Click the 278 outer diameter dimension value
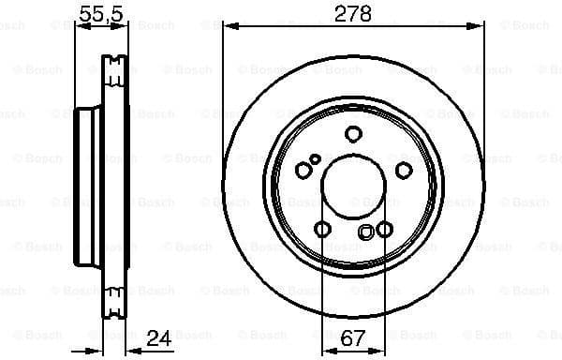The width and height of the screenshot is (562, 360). click(x=355, y=14)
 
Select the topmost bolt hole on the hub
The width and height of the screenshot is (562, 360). click(x=353, y=133)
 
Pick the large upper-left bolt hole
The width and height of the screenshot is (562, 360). click(x=304, y=170)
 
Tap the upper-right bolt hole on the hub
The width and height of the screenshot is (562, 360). click(x=404, y=170)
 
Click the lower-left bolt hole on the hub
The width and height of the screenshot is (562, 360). click(x=323, y=229)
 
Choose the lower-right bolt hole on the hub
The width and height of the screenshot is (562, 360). click(x=384, y=229)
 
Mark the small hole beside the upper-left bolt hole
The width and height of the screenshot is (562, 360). click(x=317, y=158)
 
